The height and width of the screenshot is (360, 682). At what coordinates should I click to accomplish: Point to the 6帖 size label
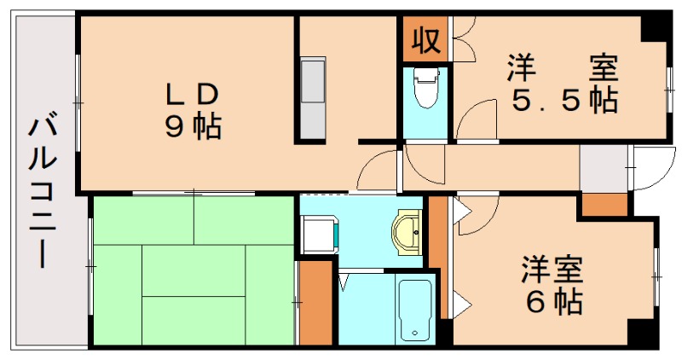click(x=553, y=300)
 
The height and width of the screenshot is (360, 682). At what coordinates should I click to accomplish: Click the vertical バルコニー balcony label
click(x=43, y=192)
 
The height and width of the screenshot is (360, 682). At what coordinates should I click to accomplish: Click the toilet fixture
click(x=424, y=89)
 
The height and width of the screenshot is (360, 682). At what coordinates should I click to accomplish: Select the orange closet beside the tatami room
click(x=315, y=302)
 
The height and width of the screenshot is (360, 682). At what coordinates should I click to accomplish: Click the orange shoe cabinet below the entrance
click(x=604, y=205)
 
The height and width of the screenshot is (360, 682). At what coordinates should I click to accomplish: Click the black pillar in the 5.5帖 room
click(x=655, y=27)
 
